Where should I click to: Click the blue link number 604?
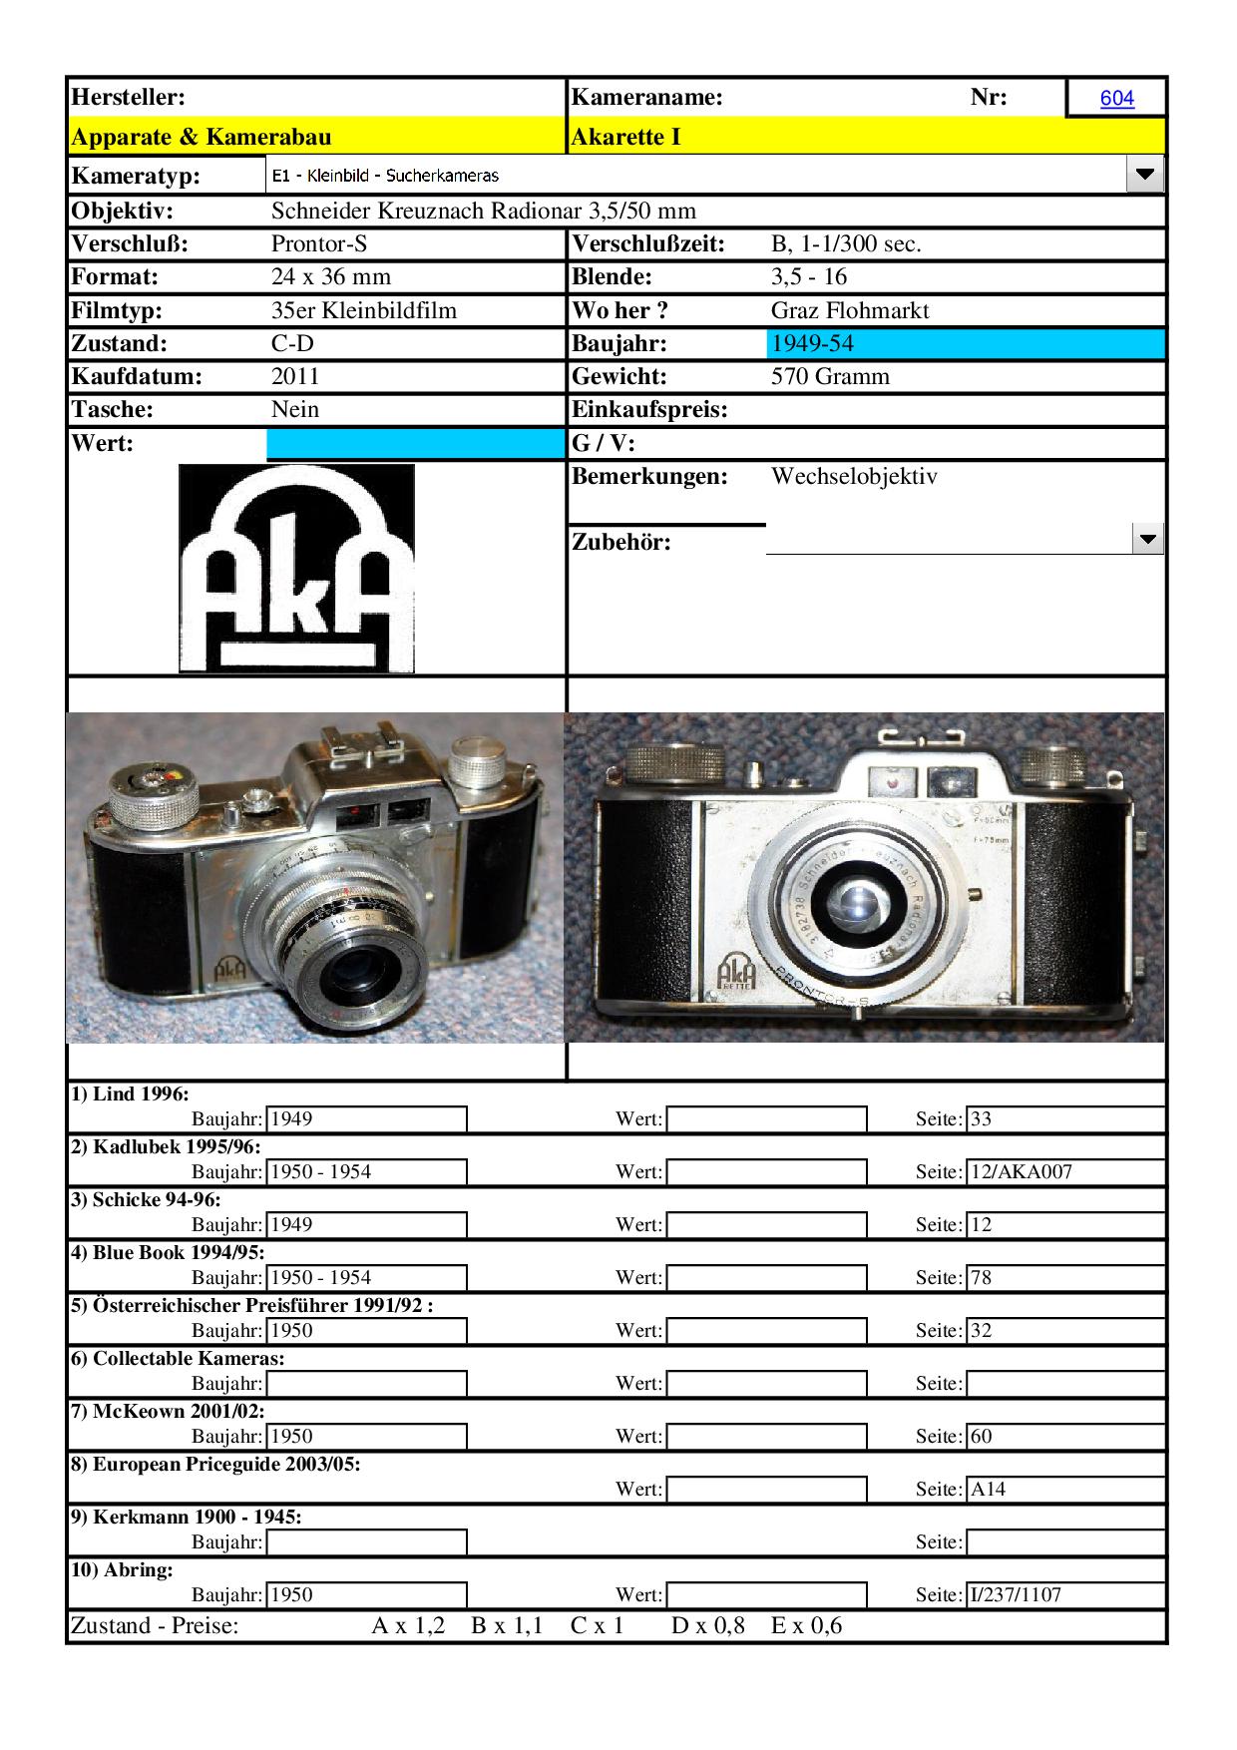coord(1116,98)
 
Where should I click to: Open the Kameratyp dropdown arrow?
coord(1144,175)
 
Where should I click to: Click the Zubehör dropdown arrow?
coord(1148,540)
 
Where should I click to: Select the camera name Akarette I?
coord(625,137)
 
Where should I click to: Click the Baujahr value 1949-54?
coord(812,343)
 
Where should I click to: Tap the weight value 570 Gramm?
coord(830,376)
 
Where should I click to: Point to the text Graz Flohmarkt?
coord(849,310)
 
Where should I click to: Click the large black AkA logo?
coord(296,568)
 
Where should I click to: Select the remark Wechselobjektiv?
coord(854,476)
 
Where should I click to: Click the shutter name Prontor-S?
coord(319,243)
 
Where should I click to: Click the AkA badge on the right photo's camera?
coord(736,971)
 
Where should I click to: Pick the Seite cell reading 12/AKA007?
coord(1064,1171)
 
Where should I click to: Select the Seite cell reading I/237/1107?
coord(1064,1594)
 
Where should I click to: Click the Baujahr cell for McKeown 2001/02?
coord(366,1436)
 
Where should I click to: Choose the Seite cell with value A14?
coord(1064,1489)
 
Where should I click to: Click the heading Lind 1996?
coord(130,1094)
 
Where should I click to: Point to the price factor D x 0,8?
coord(707,1625)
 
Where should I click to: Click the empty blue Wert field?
coord(415,443)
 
